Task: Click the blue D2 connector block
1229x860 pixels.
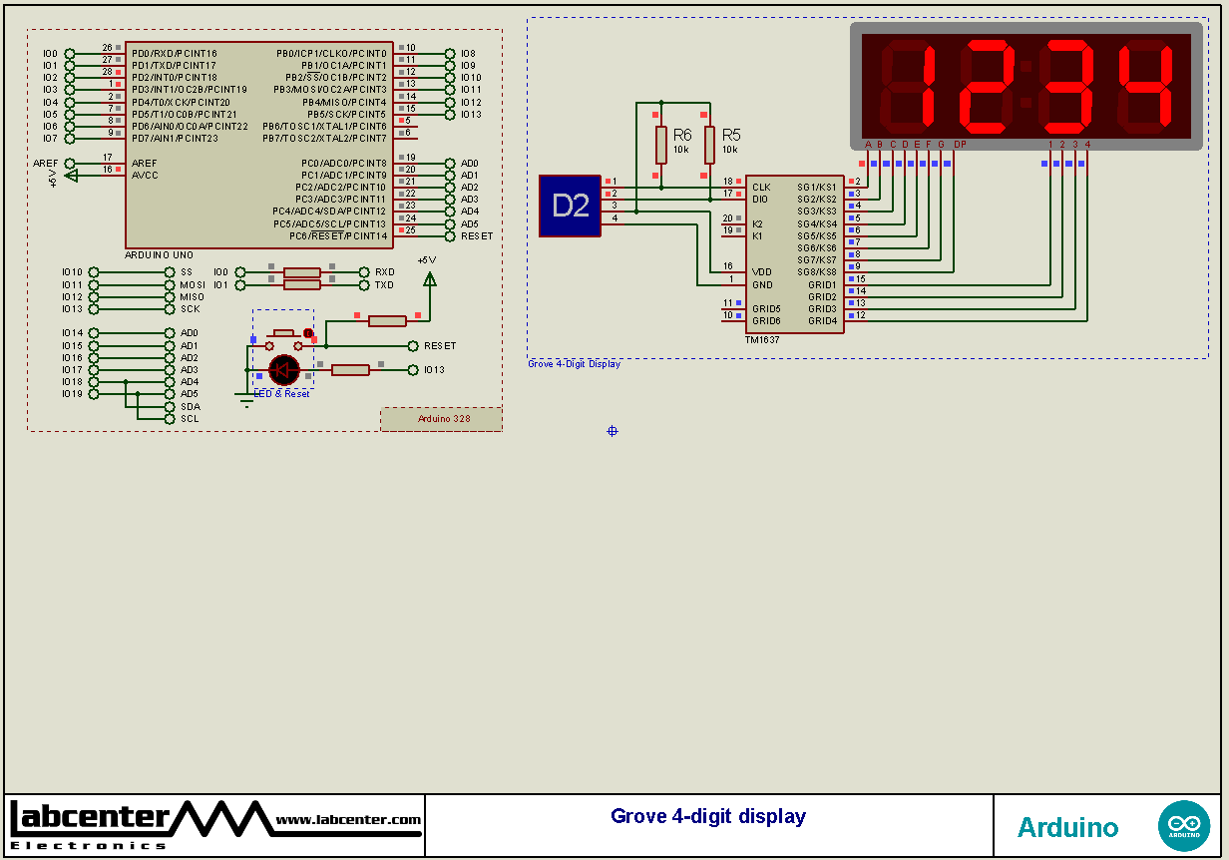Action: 570,206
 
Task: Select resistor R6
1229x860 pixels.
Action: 660,145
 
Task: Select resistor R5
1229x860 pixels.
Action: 709,145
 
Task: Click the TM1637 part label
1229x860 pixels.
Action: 762,340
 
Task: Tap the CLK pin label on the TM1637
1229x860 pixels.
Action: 761,187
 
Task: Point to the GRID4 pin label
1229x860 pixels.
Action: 822,321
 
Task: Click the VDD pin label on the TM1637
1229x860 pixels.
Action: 762,271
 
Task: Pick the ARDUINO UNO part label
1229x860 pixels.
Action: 159,255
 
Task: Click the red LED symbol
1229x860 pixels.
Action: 284,370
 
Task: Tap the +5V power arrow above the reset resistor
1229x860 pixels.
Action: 429,278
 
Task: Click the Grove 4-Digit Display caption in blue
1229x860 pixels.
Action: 574,364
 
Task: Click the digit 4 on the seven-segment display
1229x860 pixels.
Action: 1143,87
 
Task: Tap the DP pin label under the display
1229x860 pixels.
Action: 959,145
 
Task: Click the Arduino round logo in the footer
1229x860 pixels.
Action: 1183,826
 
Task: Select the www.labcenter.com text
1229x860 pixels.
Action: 348,820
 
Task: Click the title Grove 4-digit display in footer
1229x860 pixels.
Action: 708,816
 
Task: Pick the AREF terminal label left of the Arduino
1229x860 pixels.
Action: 46,164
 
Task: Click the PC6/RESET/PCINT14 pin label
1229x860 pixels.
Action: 337,236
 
